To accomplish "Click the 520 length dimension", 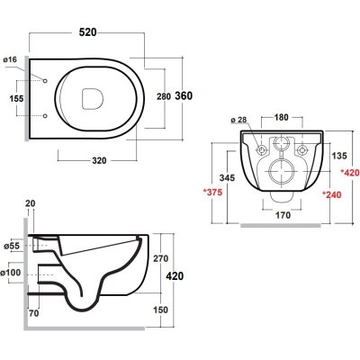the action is click(x=87, y=32).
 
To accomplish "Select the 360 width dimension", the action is click(x=184, y=95).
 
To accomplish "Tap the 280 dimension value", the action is click(x=164, y=96).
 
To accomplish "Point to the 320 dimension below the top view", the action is click(x=99, y=161).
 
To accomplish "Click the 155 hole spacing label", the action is click(x=16, y=98).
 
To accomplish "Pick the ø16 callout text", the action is click(x=10, y=59).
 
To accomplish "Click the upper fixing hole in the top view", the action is click(x=45, y=81).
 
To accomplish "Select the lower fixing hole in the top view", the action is click(x=45, y=115).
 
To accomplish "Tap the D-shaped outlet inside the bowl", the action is click(x=92, y=98).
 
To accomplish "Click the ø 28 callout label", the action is click(x=238, y=120).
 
